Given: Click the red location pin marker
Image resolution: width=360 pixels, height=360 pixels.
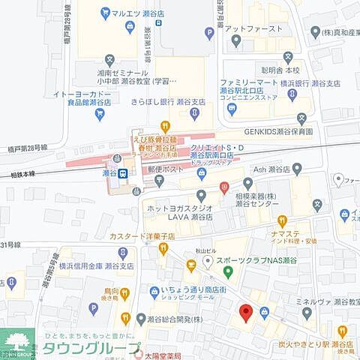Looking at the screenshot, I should (x=244, y=313).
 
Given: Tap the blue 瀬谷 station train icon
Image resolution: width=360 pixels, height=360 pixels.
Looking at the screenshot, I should (x=122, y=172).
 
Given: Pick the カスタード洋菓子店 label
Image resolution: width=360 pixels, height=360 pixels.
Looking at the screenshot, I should (x=142, y=235).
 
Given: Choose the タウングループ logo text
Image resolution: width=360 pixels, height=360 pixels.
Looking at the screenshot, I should (x=90, y=349).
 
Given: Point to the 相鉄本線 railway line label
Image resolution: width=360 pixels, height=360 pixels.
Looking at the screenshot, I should (x=25, y=173).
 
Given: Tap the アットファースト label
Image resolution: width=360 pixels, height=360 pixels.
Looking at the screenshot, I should (x=253, y=28).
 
